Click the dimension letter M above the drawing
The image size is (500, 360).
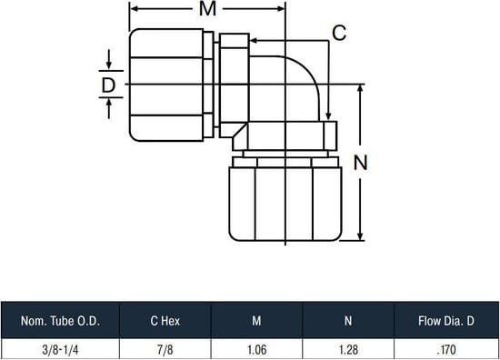click(x=207, y=8)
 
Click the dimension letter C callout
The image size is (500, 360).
click(x=339, y=33)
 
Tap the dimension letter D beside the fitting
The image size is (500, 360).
click(x=108, y=85)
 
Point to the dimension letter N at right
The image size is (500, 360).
click(x=360, y=163)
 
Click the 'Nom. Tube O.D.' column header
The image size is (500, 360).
click(x=60, y=321)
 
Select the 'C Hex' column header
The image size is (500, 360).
click(x=165, y=321)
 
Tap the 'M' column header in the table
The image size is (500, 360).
click(x=256, y=321)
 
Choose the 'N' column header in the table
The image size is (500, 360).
click(x=348, y=321)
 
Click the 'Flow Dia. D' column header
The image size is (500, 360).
click(x=446, y=321)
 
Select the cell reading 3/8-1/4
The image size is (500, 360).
click(x=60, y=350)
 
